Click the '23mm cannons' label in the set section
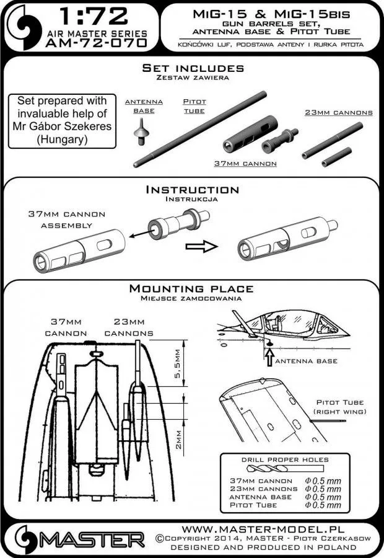point(338,113)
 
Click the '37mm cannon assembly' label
point(67,219)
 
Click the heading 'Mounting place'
point(191,288)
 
